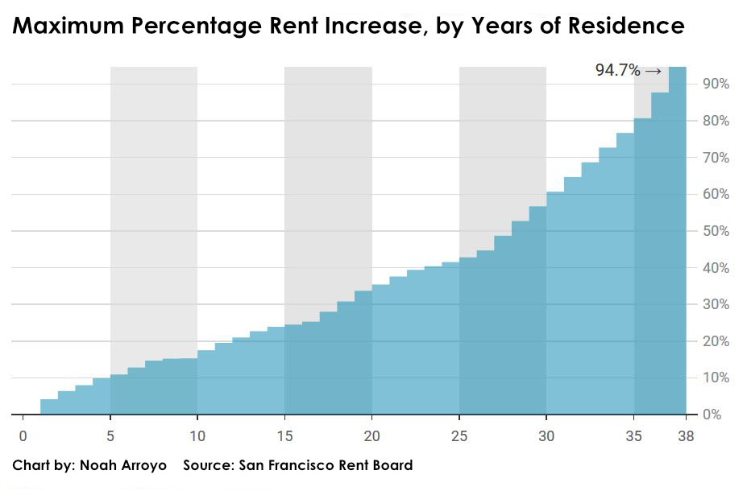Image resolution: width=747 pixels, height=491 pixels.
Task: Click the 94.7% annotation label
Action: pyautogui.click(x=617, y=71)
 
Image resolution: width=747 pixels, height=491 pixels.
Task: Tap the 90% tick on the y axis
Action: pyautogui.click(x=716, y=85)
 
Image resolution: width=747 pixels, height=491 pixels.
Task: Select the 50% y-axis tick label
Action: pyautogui.click(x=716, y=232)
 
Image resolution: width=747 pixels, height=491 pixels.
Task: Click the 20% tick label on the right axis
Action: pyautogui.click(x=716, y=342)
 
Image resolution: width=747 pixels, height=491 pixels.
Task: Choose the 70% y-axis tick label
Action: pyautogui.click(x=716, y=159)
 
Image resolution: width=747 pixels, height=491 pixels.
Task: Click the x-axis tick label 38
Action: pyautogui.click(x=686, y=435)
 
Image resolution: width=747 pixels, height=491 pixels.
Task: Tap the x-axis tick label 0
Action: pyautogui.click(x=23, y=435)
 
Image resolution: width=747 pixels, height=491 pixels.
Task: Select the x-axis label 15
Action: pyautogui.click(x=284, y=435)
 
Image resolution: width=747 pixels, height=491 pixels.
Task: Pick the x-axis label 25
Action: pyautogui.click(x=459, y=435)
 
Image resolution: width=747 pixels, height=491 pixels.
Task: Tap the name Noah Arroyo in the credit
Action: pyautogui.click(x=122, y=465)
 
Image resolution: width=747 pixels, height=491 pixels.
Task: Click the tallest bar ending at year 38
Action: pyautogui.click(x=678, y=241)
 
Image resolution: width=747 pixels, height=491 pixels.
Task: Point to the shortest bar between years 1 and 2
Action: pyautogui.click(x=49, y=407)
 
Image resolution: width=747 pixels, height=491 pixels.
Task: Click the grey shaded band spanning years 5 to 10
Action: pyautogui.click(x=153, y=201)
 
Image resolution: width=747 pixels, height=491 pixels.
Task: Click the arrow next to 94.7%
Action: pyautogui.click(x=653, y=71)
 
